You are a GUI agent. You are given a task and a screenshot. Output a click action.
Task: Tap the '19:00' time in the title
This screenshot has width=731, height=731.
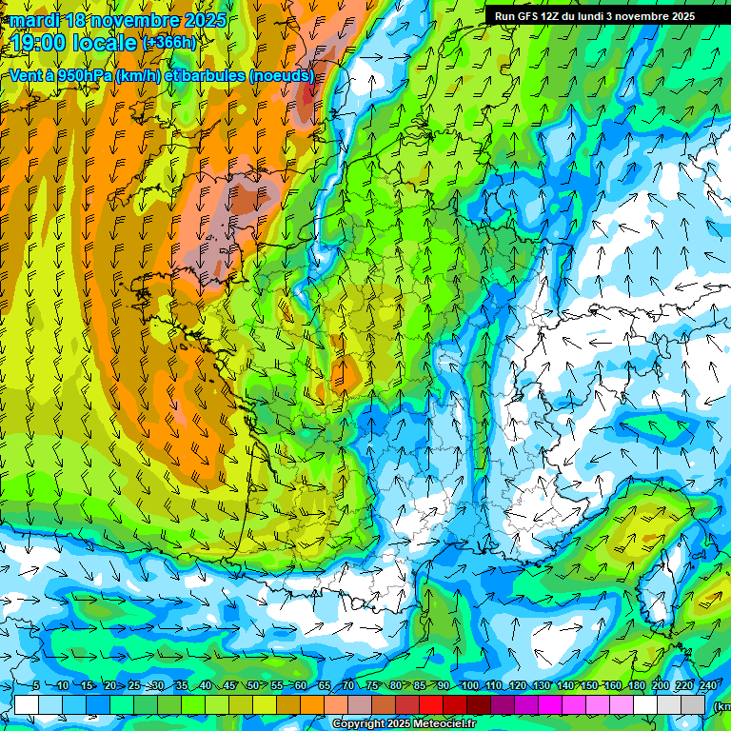tap(40, 43)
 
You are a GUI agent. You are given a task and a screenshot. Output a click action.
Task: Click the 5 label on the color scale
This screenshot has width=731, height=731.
tap(35, 686)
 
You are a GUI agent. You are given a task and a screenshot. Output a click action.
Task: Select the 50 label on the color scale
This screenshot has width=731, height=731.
tap(252, 686)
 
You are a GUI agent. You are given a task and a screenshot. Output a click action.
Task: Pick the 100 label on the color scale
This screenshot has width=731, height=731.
tap(469, 686)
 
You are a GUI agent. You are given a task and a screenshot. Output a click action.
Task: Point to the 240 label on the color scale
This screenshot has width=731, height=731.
tap(708, 686)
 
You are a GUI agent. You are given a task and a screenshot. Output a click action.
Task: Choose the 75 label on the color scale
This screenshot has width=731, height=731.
tap(372, 686)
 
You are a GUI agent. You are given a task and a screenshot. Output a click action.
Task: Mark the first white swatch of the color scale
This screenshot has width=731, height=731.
tap(27, 704)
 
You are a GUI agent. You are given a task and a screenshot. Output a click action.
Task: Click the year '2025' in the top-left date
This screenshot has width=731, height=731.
tap(205, 20)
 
